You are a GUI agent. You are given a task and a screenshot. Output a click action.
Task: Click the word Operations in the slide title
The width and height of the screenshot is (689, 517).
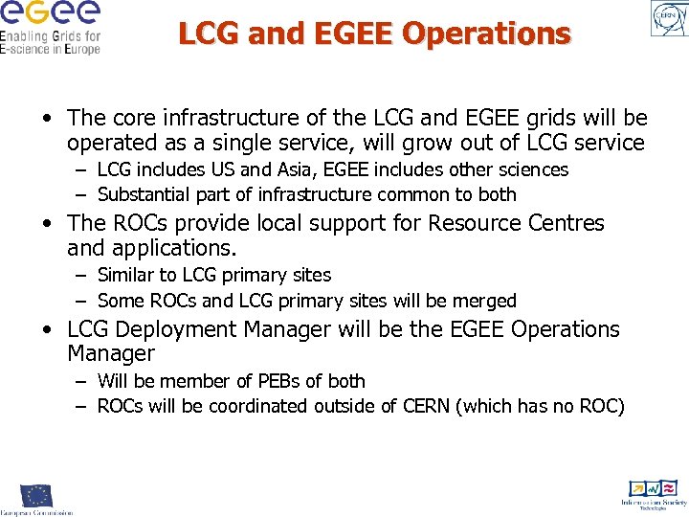tap(487, 34)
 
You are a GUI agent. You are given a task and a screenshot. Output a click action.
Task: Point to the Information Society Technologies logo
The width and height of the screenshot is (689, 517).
tap(654, 493)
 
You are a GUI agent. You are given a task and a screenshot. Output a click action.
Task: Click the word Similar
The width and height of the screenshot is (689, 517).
tap(127, 275)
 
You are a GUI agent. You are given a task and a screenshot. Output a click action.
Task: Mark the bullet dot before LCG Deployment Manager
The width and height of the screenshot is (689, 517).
tap(46, 330)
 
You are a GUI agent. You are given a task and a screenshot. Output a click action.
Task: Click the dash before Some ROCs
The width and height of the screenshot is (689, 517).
tap(82, 301)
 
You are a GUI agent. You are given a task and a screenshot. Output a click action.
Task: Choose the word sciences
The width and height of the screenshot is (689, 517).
tap(531, 169)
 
